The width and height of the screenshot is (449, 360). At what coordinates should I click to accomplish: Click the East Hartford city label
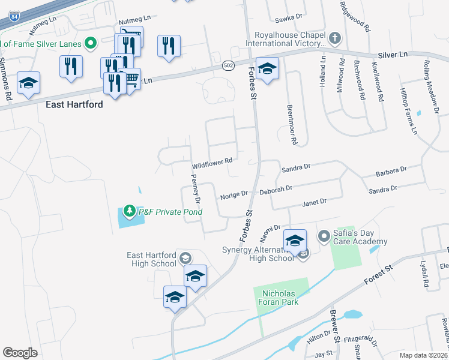74,104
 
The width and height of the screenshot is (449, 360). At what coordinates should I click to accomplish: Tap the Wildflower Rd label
212,164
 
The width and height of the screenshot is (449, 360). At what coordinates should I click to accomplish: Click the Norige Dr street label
234,194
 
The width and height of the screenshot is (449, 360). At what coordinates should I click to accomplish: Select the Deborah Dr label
276,188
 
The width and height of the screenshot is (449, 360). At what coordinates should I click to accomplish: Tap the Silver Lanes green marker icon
91,43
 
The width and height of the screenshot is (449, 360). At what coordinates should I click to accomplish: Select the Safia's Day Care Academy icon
324,235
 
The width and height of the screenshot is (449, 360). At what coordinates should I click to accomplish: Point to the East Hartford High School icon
185,258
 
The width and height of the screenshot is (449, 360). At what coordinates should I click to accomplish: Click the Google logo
20,352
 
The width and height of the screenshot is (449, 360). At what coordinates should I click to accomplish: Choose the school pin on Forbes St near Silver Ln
267,67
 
